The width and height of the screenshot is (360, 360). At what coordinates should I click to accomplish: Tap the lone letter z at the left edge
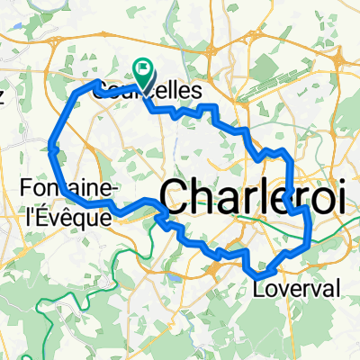pyautogui.click(x=3, y=98)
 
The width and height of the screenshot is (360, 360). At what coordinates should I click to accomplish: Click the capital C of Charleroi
pyautogui.click(x=175, y=196)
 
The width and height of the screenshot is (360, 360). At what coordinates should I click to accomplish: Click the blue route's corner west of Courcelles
pyautogui.click(x=97, y=83)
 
